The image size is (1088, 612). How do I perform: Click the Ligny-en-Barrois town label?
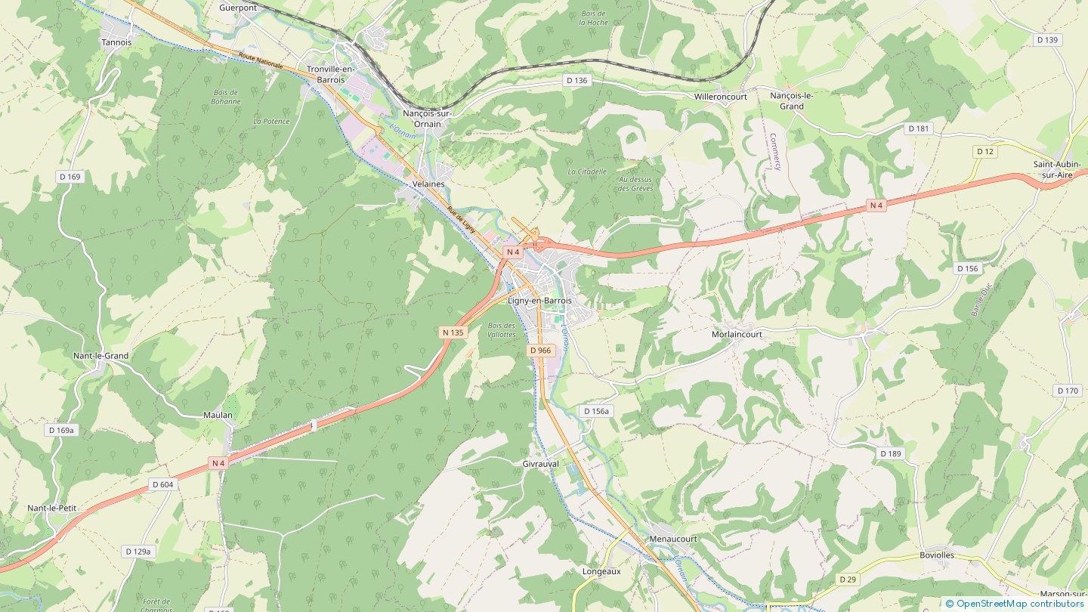click(x=539, y=301)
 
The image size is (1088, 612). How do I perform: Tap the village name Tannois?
click(x=116, y=43)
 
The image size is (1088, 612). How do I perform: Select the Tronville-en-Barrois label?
click(x=326, y=74)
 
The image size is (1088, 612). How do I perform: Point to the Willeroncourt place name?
click(x=721, y=97)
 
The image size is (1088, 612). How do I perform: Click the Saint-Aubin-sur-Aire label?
click(x=1057, y=169)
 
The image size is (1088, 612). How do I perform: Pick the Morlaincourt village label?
click(x=737, y=334)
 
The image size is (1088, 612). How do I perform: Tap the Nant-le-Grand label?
click(x=100, y=356)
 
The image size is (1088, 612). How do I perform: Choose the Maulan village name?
click(x=218, y=416)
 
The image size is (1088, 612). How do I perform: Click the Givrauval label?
click(x=540, y=464)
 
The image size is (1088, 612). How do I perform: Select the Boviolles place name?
click(x=937, y=555)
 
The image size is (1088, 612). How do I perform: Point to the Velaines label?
click(x=428, y=184)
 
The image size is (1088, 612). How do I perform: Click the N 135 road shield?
click(x=453, y=332)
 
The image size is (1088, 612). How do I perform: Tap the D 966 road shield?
click(x=540, y=351)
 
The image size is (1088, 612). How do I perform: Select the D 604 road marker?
click(x=162, y=485)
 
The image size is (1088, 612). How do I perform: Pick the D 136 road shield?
click(x=576, y=80)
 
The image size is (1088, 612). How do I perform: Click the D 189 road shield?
click(x=891, y=453)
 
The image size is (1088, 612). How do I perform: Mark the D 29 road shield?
click(x=848, y=580)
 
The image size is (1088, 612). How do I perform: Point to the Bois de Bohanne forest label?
click(x=225, y=97)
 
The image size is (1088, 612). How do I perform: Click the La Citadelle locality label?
click(x=587, y=172)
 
